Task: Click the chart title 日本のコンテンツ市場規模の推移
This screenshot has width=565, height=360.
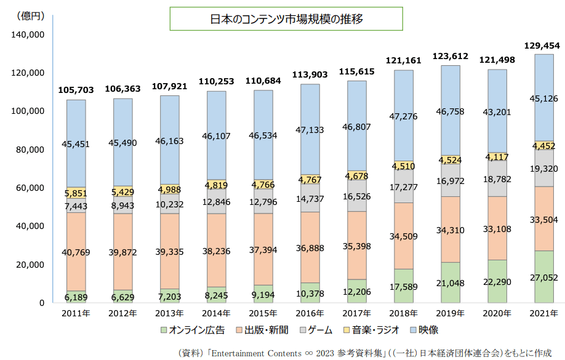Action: coord(286,19)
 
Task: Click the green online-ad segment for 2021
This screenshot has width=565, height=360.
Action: coord(544,276)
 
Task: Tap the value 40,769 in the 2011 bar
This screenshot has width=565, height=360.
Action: coord(76,251)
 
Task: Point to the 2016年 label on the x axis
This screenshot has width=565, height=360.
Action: coord(311,313)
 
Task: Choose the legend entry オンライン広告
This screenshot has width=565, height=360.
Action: coord(191,330)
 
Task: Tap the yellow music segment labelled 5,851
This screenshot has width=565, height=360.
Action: coord(76,193)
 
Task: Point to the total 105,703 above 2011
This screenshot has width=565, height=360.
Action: coord(76,90)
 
